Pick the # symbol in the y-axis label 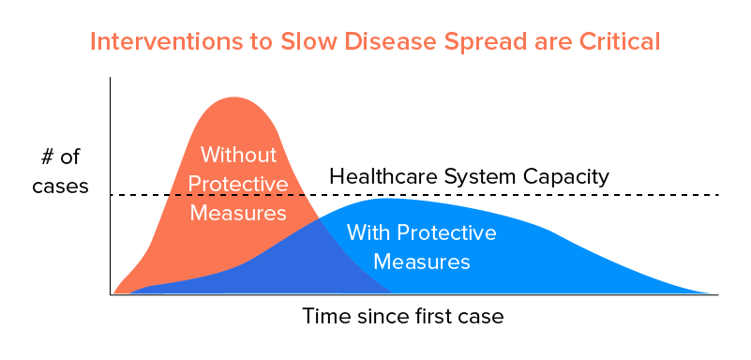click(x=48, y=157)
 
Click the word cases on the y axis click(x=60, y=187)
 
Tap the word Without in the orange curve click(x=238, y=155)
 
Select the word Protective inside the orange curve click(x=238, y=184)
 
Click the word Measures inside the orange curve click(x=238, y=213)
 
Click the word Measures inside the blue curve click(x=422, y=262)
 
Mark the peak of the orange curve click(x=234, y=97)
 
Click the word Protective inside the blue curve click(x=447, y=233)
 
